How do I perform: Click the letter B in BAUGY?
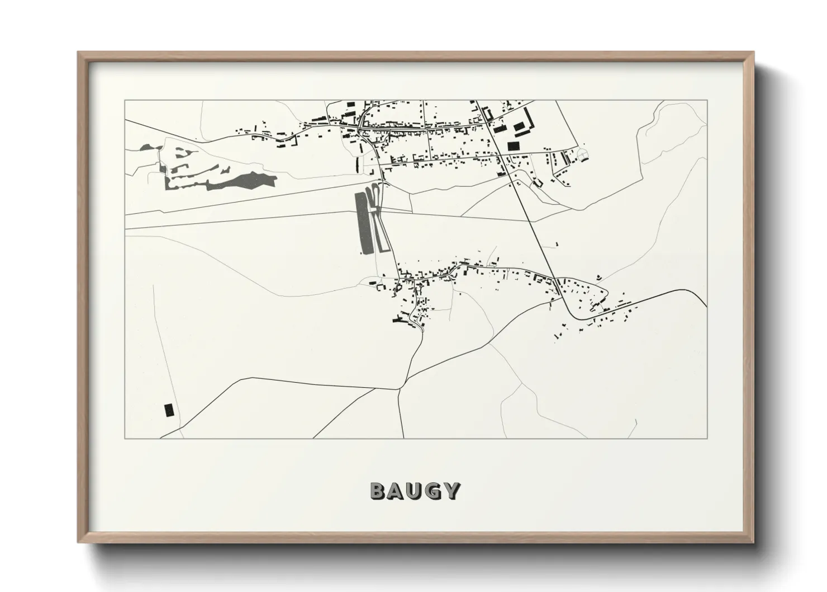378,491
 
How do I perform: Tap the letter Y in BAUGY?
452,491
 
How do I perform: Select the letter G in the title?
433,491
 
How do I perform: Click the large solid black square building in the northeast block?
513,145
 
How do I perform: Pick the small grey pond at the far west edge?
148,148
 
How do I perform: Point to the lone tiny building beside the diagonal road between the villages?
557,243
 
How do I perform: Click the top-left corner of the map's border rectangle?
125,100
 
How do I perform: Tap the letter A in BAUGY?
396,491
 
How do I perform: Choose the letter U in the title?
415,491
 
